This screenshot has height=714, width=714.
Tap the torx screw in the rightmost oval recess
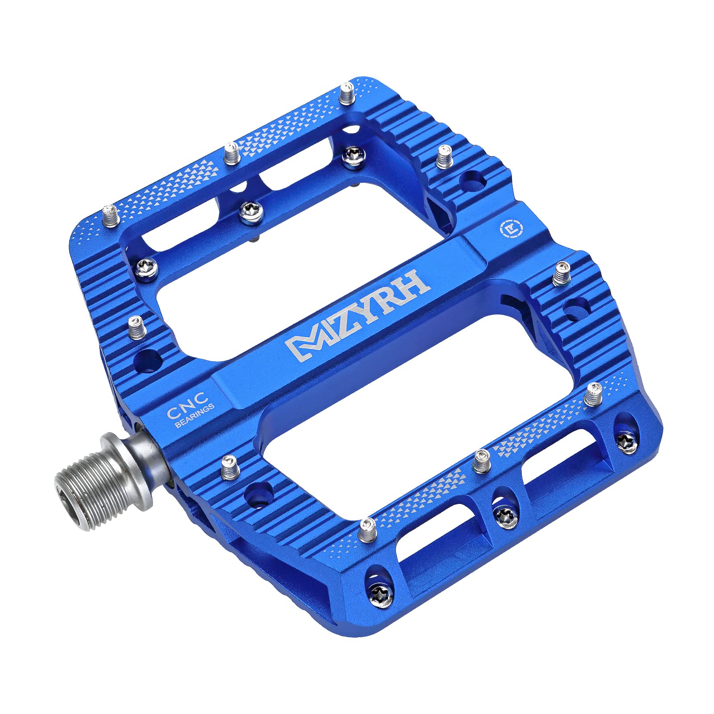[x=627, y=442]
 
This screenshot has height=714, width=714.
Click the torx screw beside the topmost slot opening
[x=354, y=155]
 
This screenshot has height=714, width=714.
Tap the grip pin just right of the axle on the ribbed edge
[x=230, y=467]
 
